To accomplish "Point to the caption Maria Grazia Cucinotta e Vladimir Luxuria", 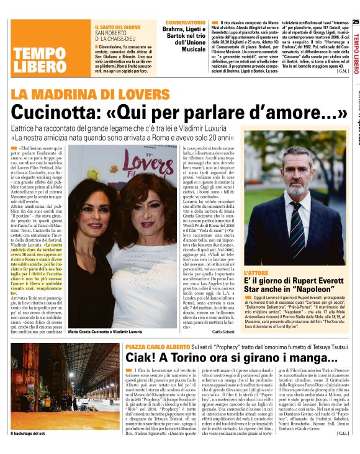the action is (x=107, y=333).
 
